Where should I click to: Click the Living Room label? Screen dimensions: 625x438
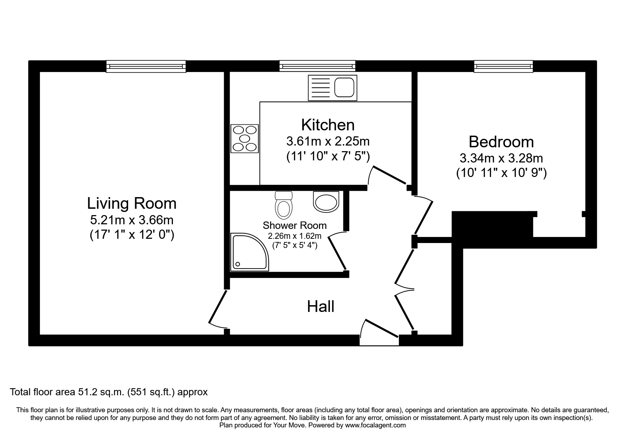coord(132,203)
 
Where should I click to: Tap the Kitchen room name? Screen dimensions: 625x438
coord(328,125)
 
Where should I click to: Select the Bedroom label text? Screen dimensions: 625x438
coord(501,142)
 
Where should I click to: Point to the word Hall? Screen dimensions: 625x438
coord(320,306)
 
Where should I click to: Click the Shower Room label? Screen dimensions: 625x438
coord(295,225)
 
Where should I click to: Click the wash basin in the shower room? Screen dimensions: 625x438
coord(326,202)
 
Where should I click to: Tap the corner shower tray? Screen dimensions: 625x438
coord(250,252)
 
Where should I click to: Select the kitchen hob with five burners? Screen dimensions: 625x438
coord(245,138)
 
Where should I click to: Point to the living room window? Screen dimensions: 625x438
coord(146,66)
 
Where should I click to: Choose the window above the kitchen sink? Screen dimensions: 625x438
coord(317,66)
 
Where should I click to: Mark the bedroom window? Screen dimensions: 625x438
coord(504,66)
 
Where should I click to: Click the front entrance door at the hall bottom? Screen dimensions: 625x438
coord(379,333)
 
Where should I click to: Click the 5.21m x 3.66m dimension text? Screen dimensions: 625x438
coord(132,220)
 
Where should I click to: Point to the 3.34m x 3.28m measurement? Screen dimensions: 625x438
coord(501,158)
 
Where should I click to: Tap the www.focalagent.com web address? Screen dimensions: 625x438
coord(375,425)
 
